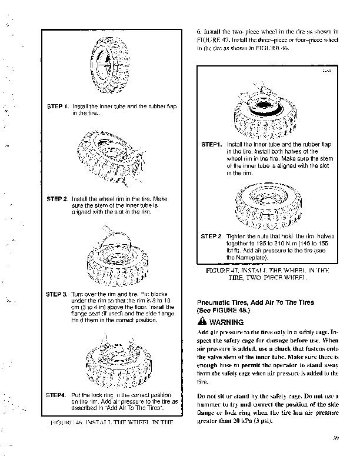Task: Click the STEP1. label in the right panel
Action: (211, 144)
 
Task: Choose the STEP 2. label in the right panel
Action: (212, 237)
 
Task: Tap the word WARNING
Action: (226, 322)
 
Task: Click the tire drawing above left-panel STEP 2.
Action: (109, 158)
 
